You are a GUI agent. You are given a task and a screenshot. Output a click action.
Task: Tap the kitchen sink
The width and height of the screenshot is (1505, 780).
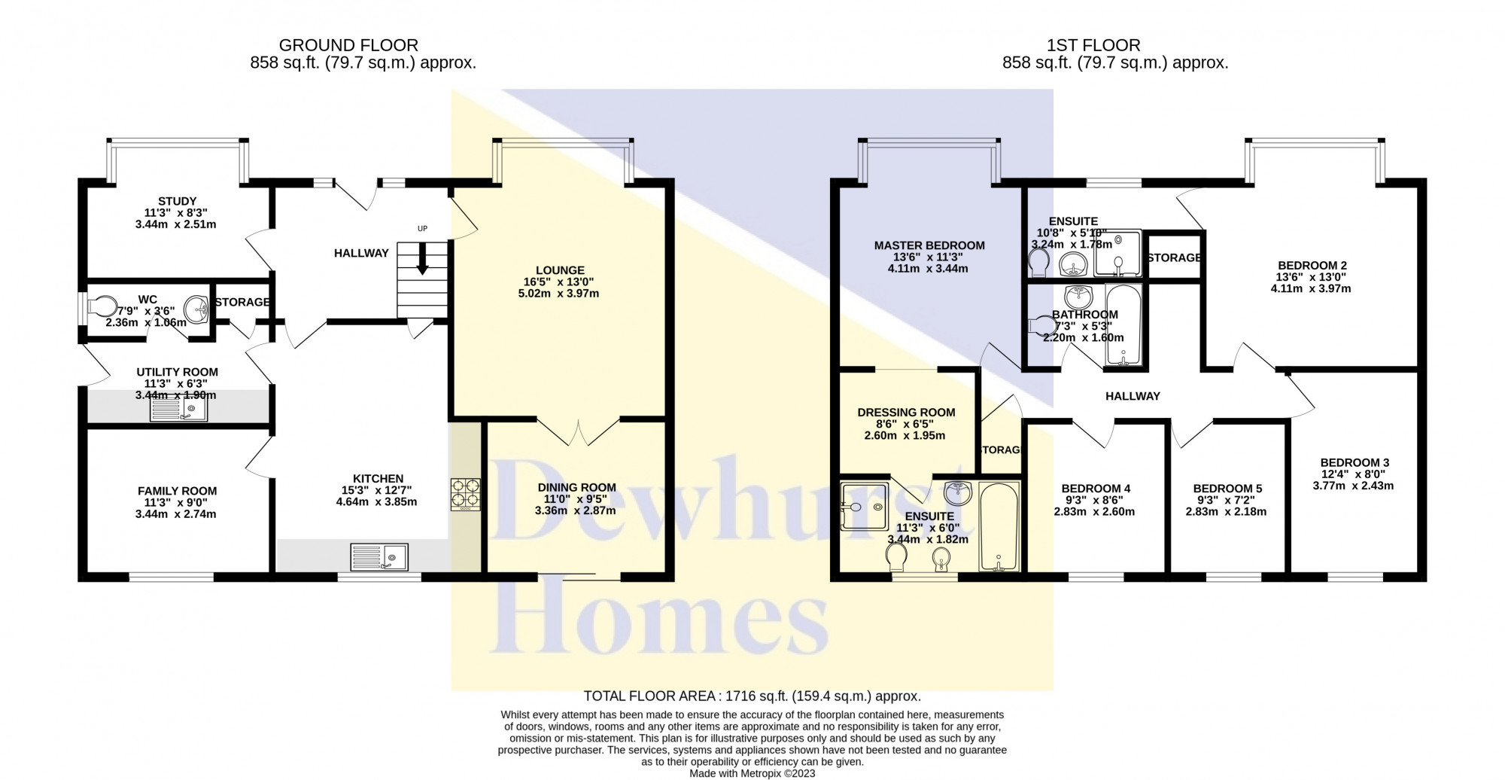point(379,557)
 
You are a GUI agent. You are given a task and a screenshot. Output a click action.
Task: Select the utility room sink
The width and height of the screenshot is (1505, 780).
point(179,409)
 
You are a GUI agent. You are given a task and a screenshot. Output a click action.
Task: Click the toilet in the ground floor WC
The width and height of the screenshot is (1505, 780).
point(103,307)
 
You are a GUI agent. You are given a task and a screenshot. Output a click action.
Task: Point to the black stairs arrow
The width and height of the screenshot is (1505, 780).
point(422,258)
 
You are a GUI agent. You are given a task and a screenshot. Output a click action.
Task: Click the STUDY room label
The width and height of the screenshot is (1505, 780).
point(177,201)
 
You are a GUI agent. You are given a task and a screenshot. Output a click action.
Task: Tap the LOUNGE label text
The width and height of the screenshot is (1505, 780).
point(560,270)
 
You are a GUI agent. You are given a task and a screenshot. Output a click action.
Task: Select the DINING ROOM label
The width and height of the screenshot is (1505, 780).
point(576,488)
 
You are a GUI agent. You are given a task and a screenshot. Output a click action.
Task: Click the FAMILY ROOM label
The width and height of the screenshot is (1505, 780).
point(177,491)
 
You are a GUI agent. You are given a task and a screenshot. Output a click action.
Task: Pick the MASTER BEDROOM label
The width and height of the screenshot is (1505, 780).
point(929,245)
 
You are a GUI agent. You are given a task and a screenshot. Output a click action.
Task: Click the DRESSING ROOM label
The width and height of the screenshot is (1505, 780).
point(906,413)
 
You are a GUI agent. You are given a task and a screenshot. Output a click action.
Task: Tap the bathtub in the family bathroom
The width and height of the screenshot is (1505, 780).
point(1123,325)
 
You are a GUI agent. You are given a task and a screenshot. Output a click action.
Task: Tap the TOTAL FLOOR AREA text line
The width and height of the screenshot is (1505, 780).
point(752,696)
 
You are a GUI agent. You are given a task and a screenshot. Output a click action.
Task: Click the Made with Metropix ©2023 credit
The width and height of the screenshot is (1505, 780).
point(752,773)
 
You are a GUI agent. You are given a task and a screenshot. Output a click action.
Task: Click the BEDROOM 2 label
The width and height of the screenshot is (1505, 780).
point(1312,265)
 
